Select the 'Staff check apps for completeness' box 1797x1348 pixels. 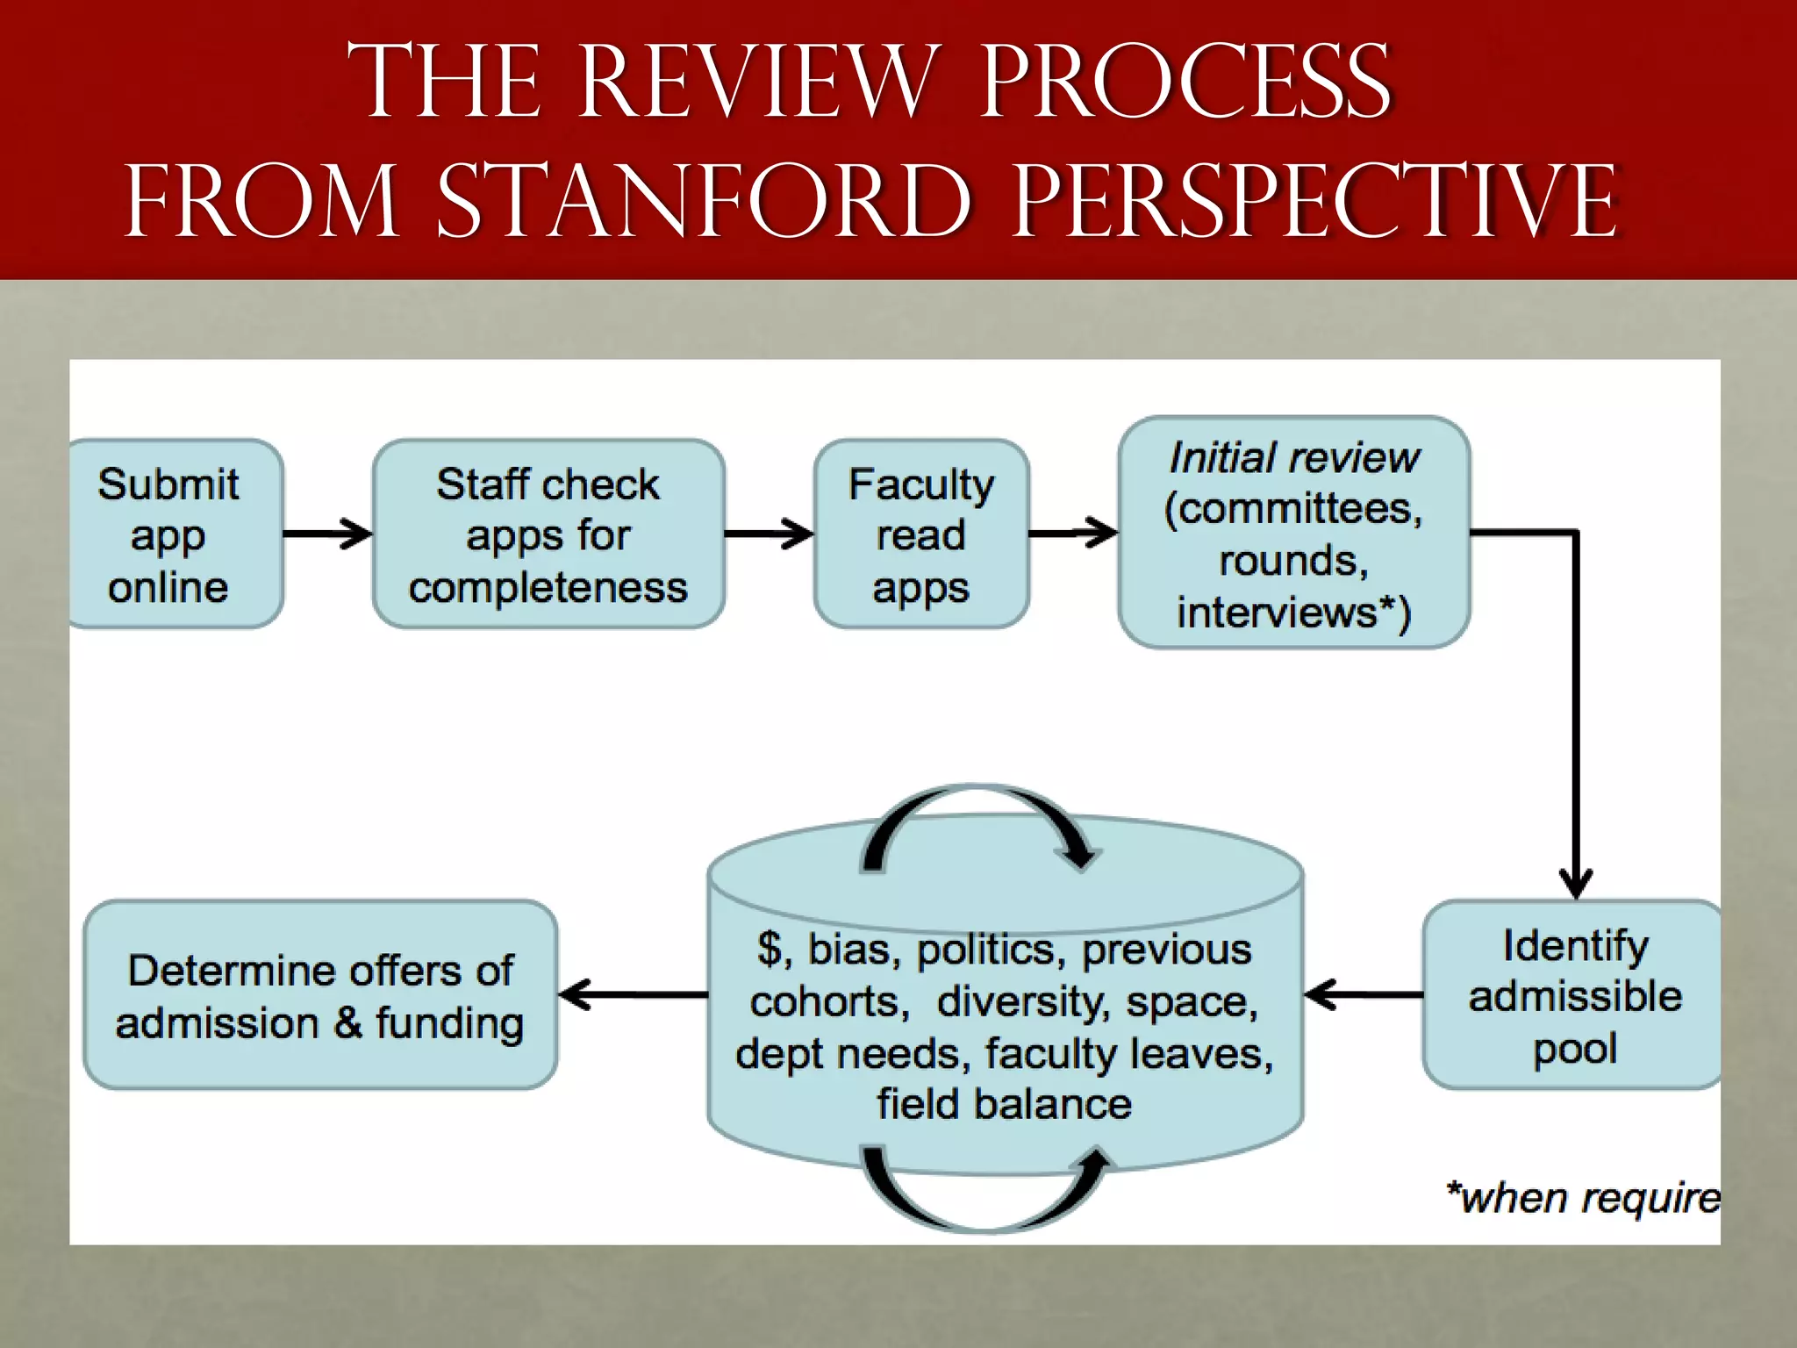548,534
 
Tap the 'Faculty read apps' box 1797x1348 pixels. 921,534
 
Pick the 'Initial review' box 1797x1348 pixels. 1293,533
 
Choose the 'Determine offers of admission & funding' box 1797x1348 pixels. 320,994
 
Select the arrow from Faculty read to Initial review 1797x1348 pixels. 1073,532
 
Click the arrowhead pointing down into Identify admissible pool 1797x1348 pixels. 1576,880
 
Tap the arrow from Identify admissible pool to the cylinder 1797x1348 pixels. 1363,994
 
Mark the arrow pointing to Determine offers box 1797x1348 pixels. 632,994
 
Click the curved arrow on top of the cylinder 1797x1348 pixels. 978,821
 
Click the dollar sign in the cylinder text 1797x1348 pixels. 770,949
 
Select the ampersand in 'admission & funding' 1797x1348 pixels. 347,1023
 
